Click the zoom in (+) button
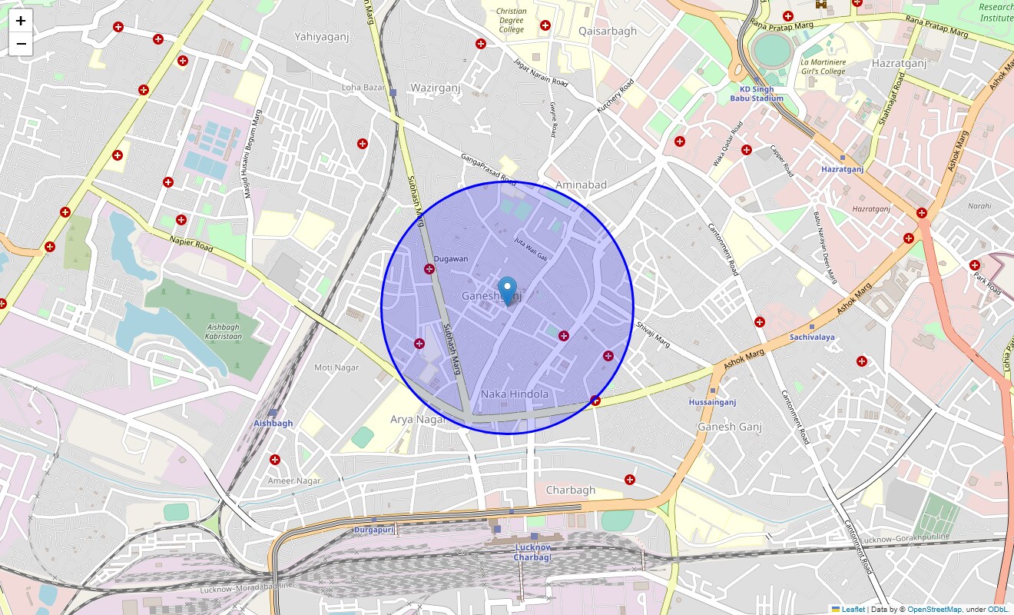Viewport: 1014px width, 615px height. [21, 21]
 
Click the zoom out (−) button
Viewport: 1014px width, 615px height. [21, 44]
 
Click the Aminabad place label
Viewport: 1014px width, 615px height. [581, 184]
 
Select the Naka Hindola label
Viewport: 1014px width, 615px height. [515, 394]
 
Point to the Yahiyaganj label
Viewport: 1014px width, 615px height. [321, 36]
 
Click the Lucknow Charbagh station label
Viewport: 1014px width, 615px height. [532, 552]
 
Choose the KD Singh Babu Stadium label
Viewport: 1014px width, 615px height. [757, 94]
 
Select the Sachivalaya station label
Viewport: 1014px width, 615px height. [812, 337]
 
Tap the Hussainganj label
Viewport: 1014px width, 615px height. [712, 402]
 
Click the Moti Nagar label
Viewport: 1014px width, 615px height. [336, 367]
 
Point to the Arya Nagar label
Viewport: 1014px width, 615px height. [418, 420]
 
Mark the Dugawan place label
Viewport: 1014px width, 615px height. [450, 259]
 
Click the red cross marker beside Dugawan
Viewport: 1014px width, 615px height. [429, 269]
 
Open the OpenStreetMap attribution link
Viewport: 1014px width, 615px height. [933, 610]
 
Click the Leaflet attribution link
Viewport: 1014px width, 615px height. [853, 610]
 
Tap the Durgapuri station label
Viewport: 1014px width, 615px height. [373, 530]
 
